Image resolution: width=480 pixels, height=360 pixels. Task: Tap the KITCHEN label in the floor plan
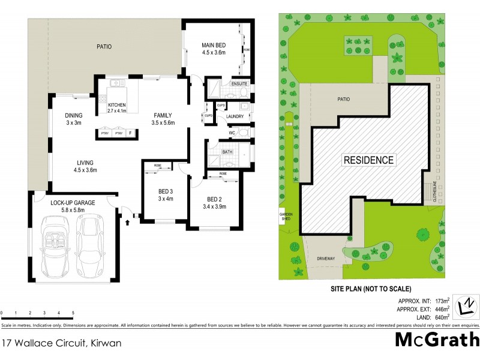point(117,105)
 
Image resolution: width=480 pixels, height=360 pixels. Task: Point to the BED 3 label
point(161,192)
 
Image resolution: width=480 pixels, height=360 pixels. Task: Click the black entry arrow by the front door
point(127,223)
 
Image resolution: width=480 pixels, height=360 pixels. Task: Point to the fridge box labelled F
point(131,133)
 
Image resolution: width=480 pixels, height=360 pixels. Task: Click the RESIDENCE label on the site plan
point(368,160)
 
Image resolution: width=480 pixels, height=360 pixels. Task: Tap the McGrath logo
point(437,340)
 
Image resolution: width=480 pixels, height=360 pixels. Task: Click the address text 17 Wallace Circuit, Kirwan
point(53,343)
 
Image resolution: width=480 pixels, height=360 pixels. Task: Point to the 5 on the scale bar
point(73,313)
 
